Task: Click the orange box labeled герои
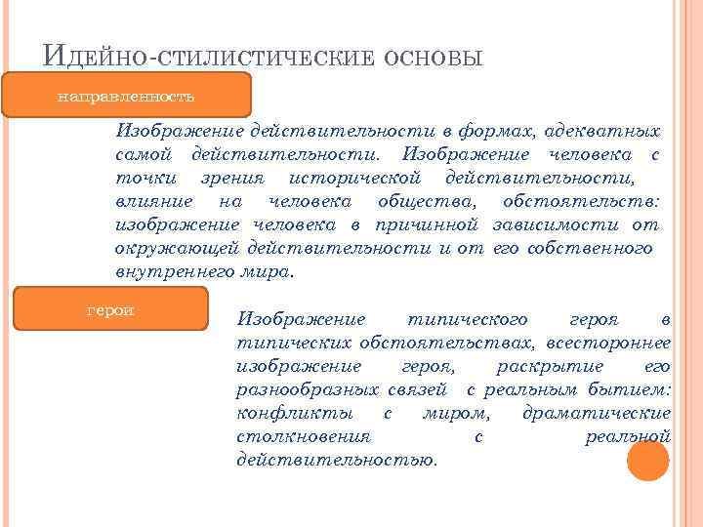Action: [x=110, y=310]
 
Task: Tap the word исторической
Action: [x=354, y=178]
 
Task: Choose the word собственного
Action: [x=590, y=248]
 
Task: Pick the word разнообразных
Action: [x=308, y=389]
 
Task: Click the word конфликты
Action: [x=284, y=413]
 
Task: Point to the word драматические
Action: [x=597, y=413]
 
